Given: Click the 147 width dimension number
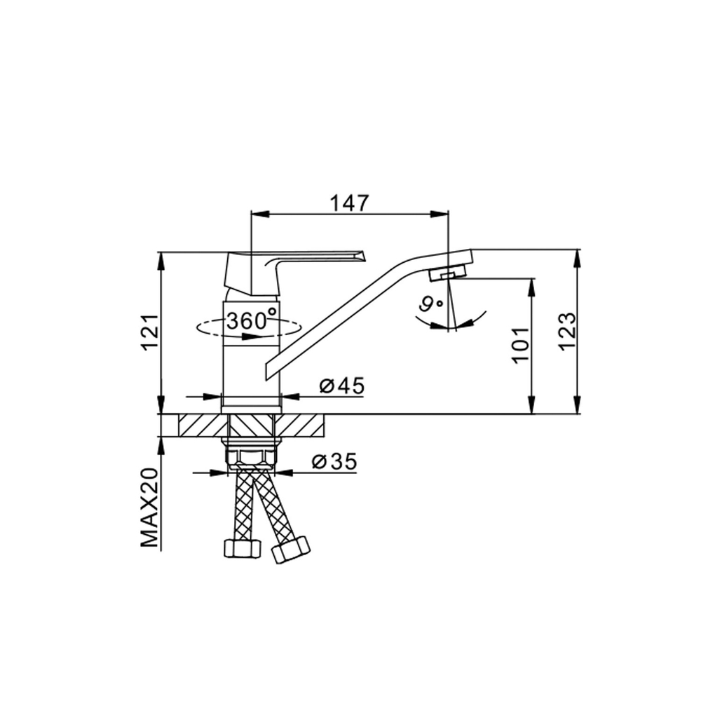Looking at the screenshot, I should (349, 203).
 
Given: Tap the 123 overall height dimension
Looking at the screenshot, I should (567, 329).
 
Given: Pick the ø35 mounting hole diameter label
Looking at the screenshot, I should (334, 461).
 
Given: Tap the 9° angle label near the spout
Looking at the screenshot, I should (430, 304).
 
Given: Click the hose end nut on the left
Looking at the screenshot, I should (241, 547).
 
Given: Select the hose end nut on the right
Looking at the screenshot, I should (290, 549).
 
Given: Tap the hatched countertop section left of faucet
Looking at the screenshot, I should (204, 425).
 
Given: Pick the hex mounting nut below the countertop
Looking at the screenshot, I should (252, 458).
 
